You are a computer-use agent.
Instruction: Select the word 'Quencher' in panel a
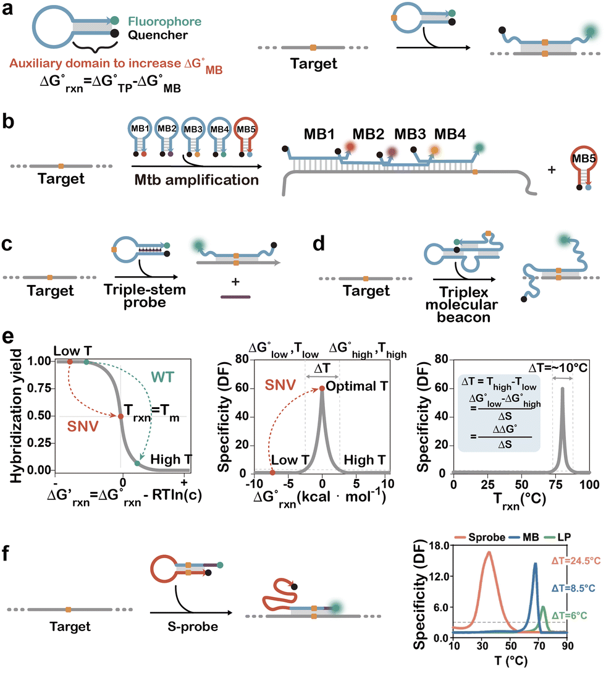[161, 35]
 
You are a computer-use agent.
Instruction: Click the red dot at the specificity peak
[322, 388]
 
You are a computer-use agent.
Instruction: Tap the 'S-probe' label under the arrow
[182, 626]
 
